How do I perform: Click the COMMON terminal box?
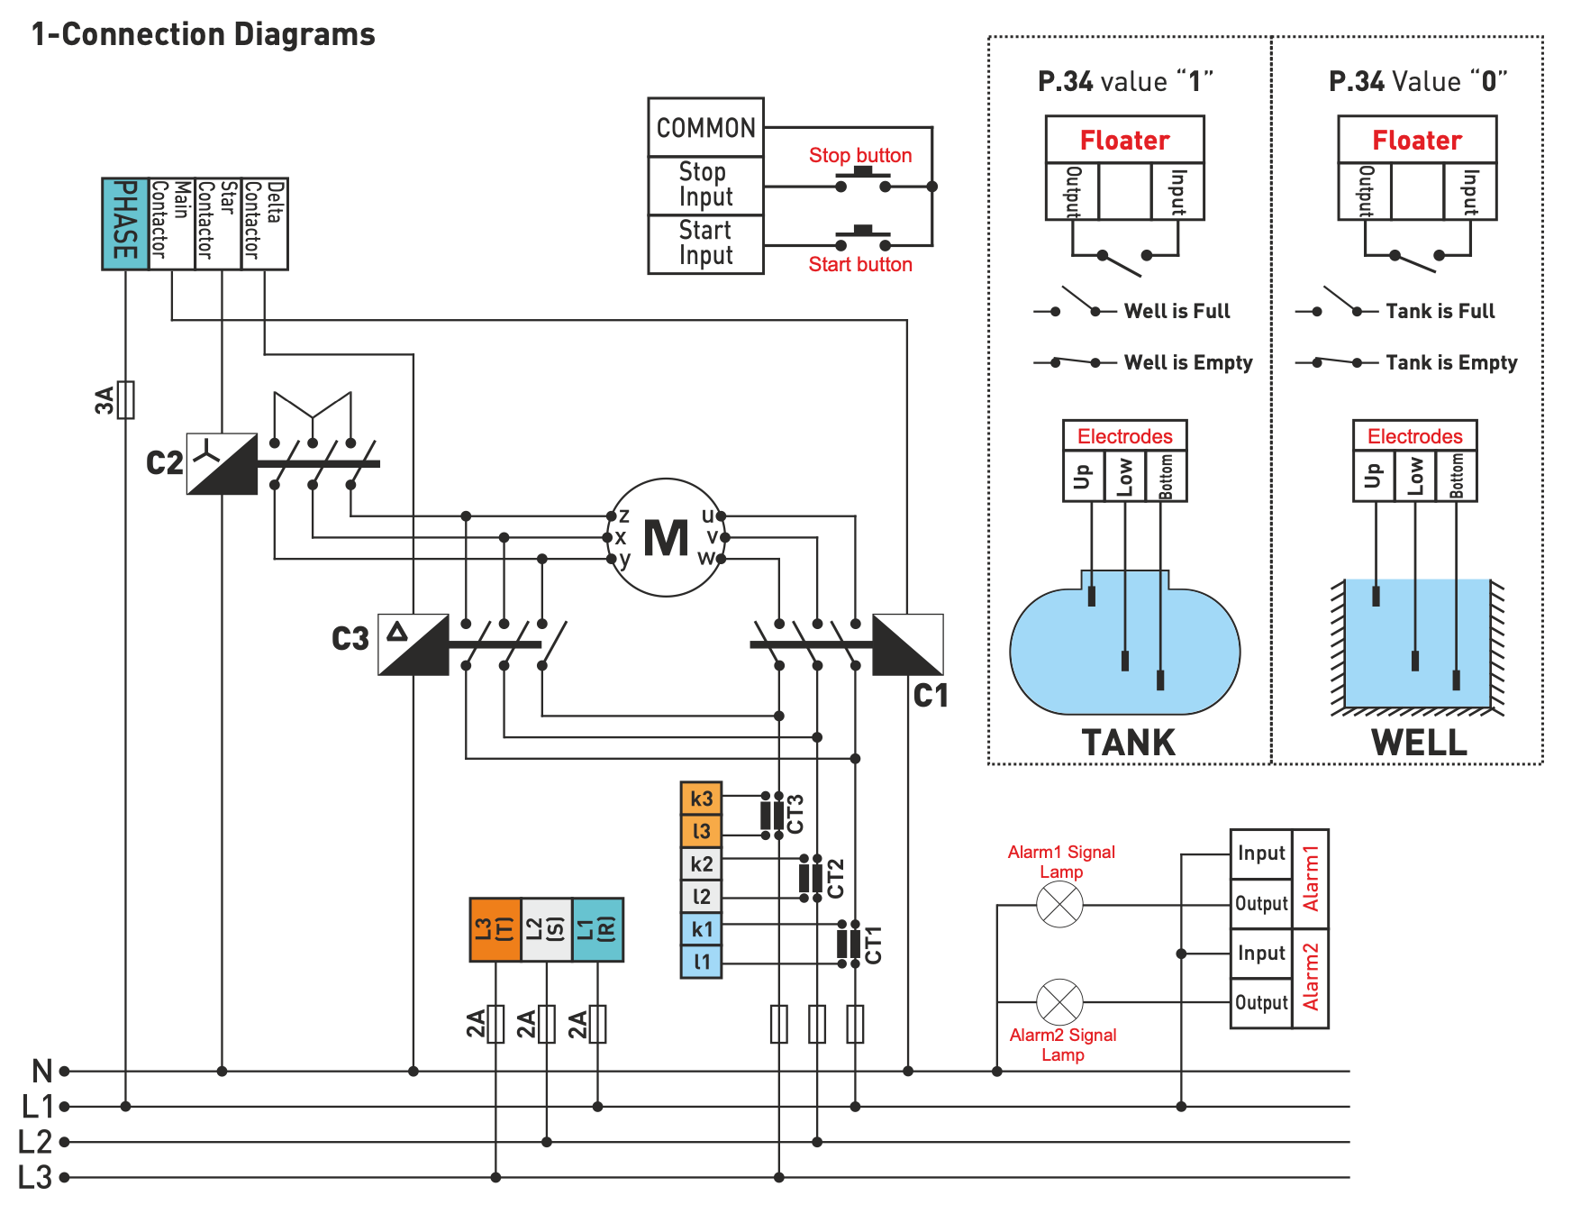705,128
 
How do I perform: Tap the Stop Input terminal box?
705,185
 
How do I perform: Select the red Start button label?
859,264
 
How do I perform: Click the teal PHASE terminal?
124,223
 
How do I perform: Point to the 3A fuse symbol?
126,399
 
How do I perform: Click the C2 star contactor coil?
222,463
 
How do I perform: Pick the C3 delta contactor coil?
413,644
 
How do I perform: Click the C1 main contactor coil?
907,644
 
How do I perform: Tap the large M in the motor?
666,538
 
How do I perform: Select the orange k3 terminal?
701,799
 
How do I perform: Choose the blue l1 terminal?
701,962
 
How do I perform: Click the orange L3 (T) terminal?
495,929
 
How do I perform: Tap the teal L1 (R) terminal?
597,929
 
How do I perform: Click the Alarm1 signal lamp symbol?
1059,904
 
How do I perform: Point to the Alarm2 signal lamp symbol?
1059,1001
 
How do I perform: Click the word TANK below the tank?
1128,743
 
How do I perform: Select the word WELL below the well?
1419,743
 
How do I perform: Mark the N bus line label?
41,1071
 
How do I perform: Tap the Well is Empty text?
1187,362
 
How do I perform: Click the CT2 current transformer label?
836,878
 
